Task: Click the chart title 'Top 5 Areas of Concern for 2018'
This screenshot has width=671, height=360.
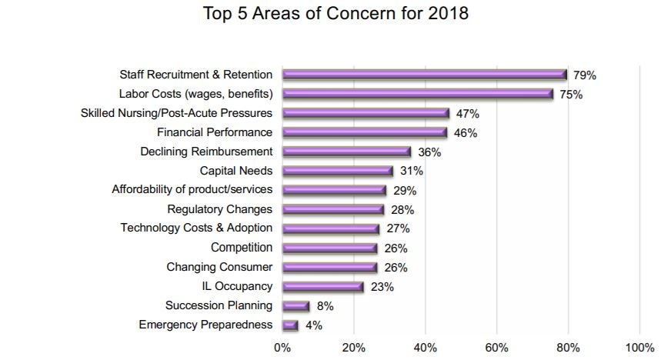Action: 335,14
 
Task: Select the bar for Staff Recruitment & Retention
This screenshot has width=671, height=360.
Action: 425,75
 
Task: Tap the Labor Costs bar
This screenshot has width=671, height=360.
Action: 418,94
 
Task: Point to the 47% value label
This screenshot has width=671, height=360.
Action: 468,114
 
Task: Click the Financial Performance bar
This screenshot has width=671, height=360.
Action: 365,132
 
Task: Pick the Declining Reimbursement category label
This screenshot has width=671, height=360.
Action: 206,152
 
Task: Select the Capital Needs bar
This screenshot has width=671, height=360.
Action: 338,171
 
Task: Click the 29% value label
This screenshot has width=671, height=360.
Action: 403,191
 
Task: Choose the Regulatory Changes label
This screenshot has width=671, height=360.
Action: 219,209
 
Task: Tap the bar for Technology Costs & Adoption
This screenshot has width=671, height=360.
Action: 331,228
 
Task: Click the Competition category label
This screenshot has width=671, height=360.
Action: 242,248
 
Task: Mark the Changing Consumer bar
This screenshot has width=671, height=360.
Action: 329,267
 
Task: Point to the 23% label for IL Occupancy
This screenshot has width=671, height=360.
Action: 382,287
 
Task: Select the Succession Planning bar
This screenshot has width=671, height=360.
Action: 296,305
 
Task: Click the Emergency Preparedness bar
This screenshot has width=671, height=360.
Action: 290,325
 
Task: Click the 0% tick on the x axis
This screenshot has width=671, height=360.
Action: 282,347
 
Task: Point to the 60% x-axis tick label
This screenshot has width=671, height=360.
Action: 497,347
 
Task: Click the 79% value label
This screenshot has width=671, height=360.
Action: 585,75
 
